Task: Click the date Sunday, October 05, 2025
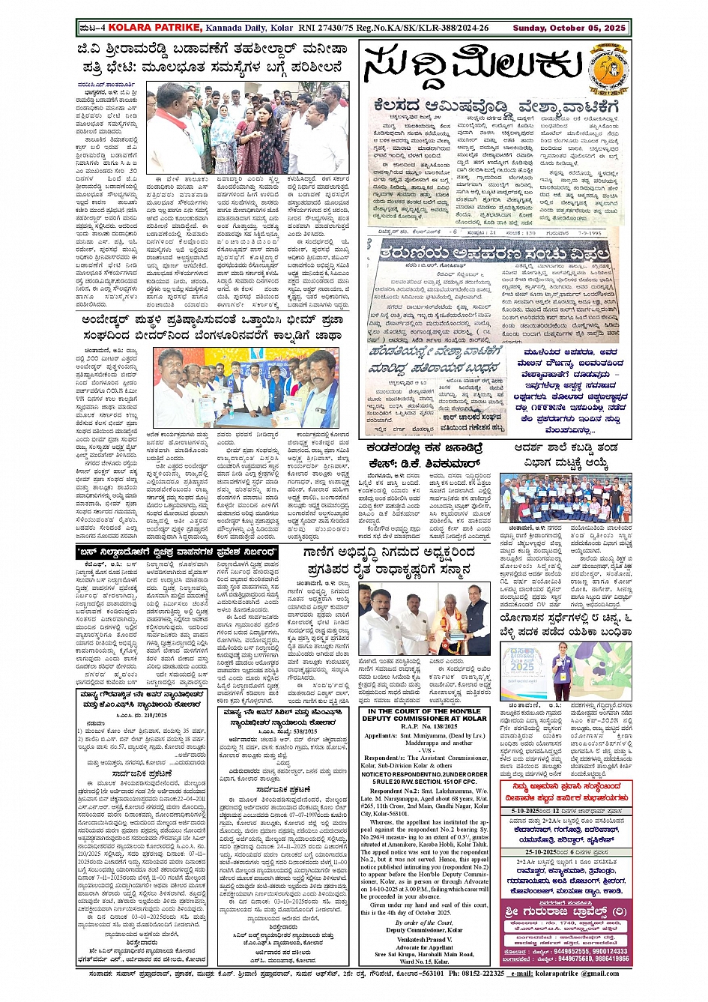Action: [569, 28]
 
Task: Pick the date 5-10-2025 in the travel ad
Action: [527, 811]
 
